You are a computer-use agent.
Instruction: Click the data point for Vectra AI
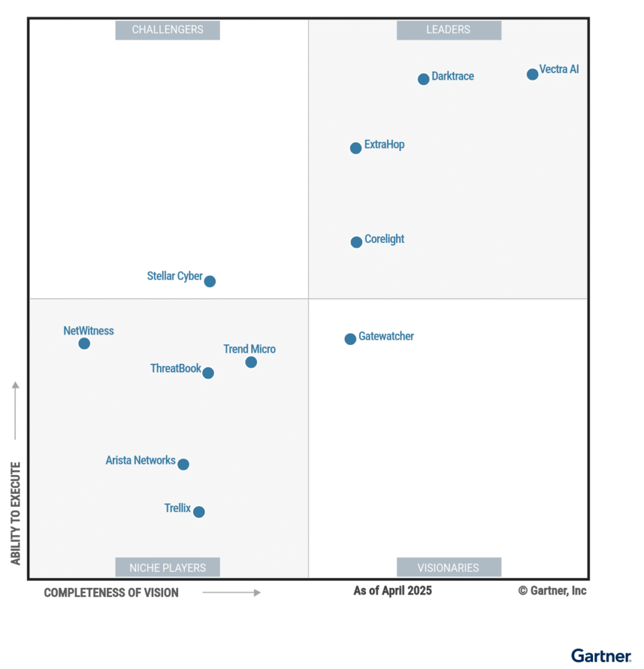pos(532,74)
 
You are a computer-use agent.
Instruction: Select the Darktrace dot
pos(423,79)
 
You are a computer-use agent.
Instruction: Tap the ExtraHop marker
pos(356,148)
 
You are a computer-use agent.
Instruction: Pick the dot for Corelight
pos(356,242)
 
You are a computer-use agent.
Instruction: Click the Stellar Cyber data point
pos(209,281)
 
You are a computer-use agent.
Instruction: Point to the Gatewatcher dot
pos(350,338)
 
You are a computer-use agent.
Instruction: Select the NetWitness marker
pos(84,343)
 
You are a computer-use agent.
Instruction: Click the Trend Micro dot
pos(251,362)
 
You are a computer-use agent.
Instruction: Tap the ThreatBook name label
pos(176,368)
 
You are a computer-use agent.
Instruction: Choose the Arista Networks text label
pos(140,461)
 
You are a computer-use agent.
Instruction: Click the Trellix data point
pos(199,512)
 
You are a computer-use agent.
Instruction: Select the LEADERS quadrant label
pos(448,30)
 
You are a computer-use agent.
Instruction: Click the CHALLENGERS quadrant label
pos(168,30)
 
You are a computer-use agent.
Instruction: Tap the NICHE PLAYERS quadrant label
pos(168,567)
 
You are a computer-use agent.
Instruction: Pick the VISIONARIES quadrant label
pos(448,567)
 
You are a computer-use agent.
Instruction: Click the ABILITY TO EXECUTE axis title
pos(16,513)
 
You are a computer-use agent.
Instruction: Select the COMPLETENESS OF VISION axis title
pos(111,593)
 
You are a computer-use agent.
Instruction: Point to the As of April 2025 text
pos(392,591)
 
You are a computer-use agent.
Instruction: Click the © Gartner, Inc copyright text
pos(552,591)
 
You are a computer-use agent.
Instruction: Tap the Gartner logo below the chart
pos(601,655)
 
